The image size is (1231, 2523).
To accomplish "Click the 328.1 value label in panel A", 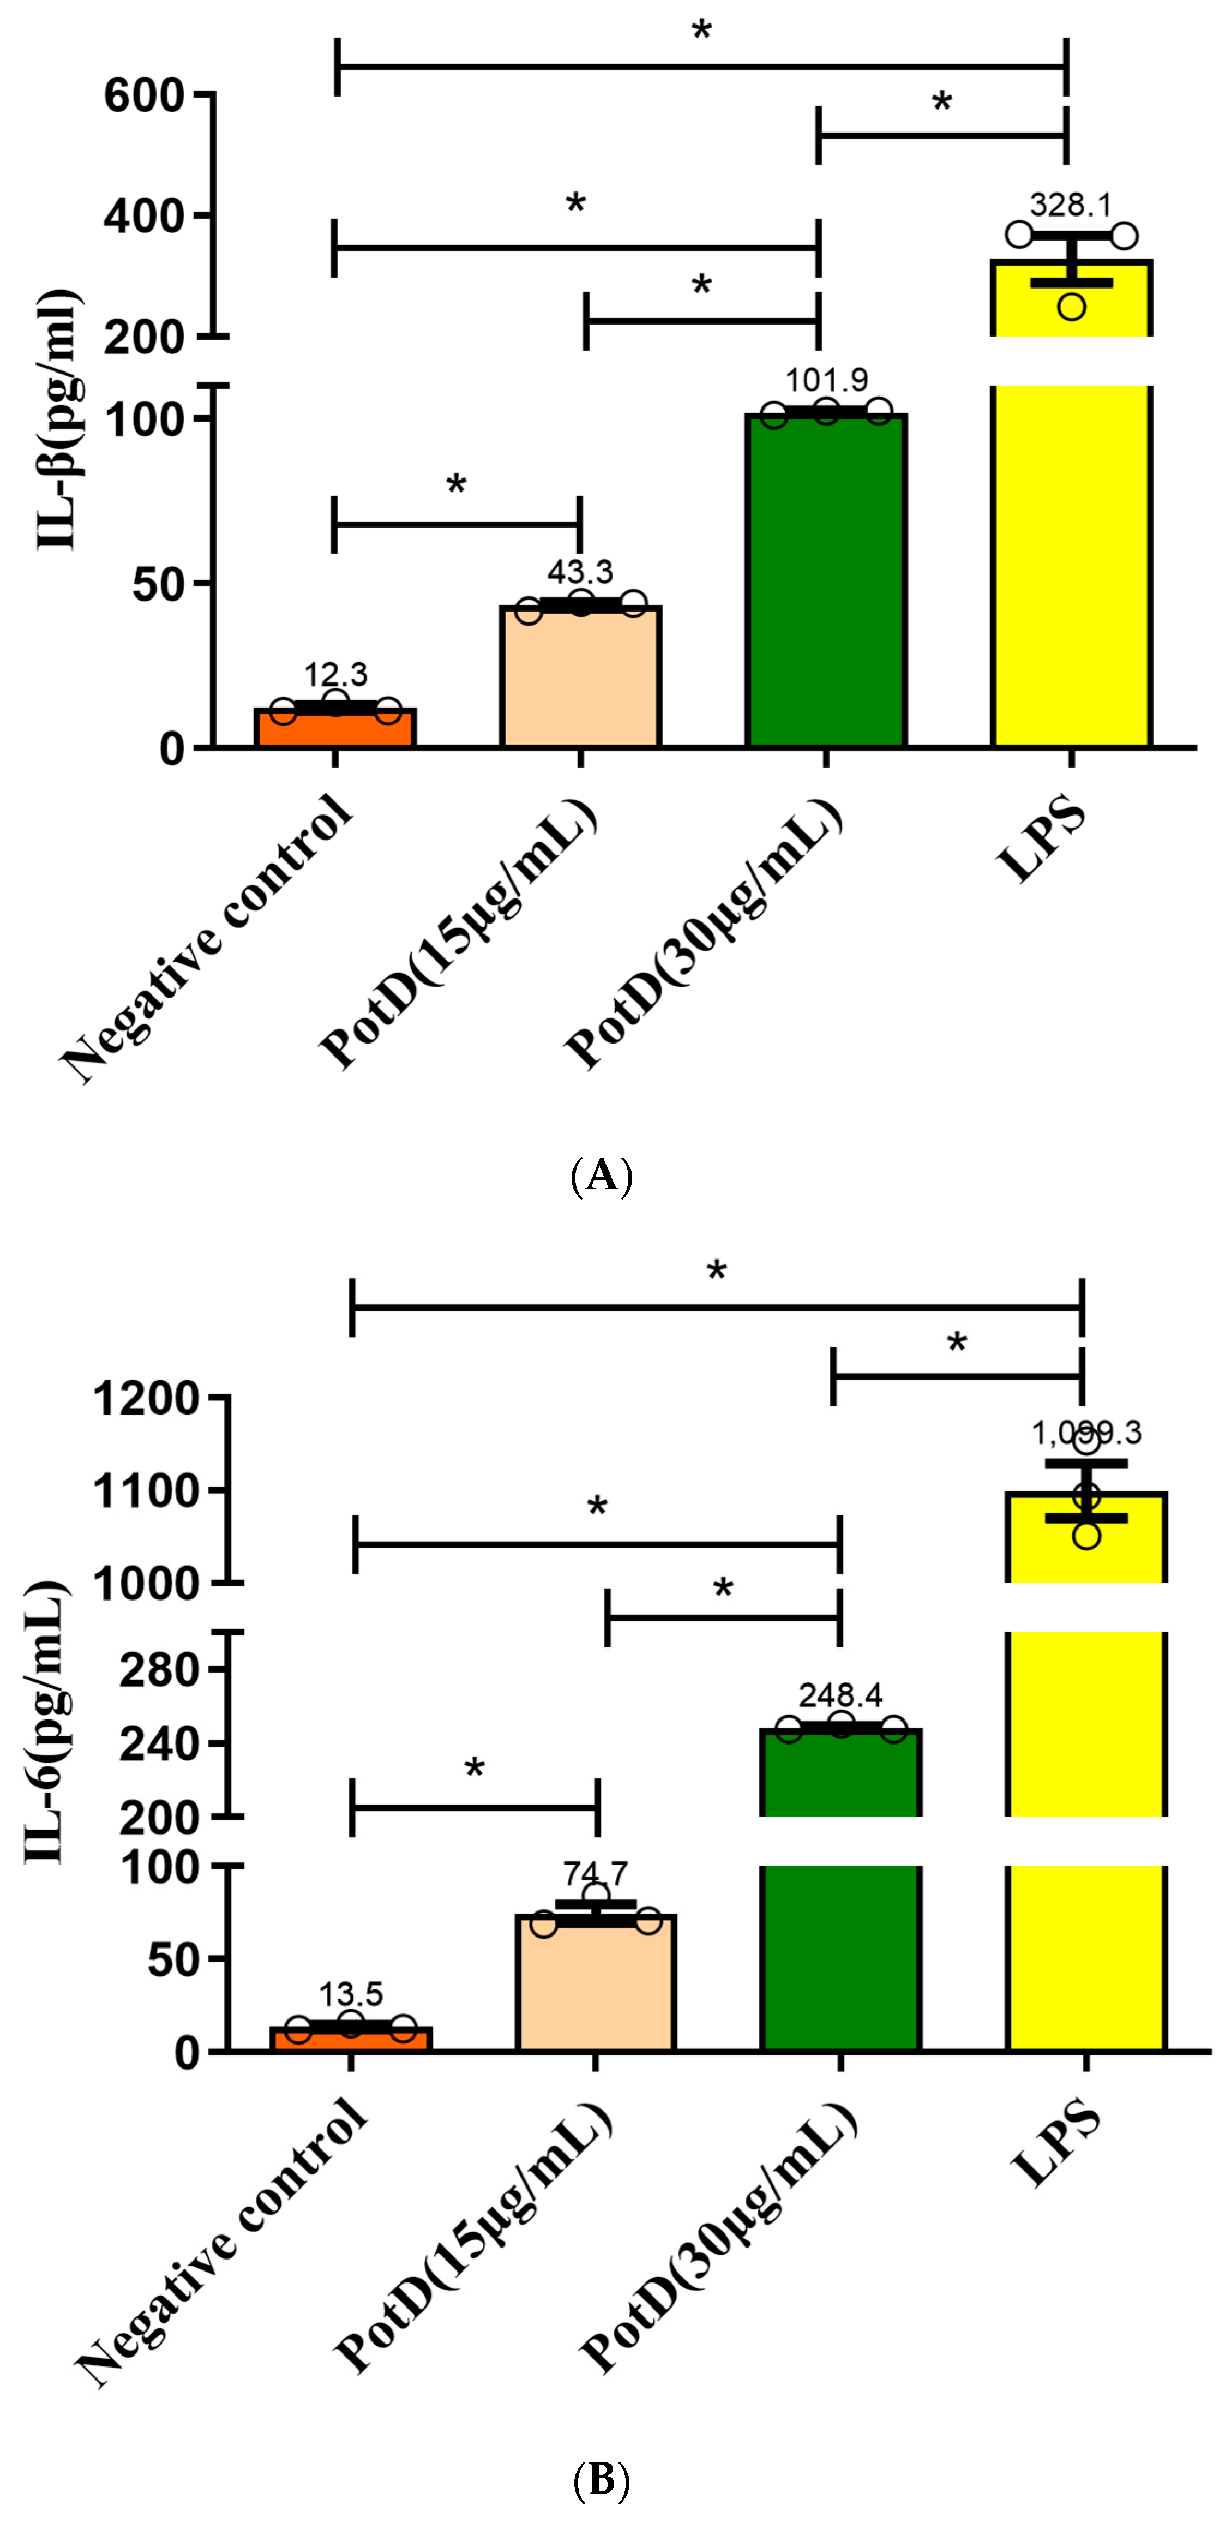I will coord(1071,206).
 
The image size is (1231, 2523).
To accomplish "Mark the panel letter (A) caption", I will coord(601,1174).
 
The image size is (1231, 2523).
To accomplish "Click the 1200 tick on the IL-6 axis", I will coord(147,1399).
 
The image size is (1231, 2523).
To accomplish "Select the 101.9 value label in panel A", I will coord(826,380).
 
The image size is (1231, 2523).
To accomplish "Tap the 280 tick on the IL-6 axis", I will coord(160,1669).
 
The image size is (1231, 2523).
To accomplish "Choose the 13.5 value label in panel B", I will coord(351,1994).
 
